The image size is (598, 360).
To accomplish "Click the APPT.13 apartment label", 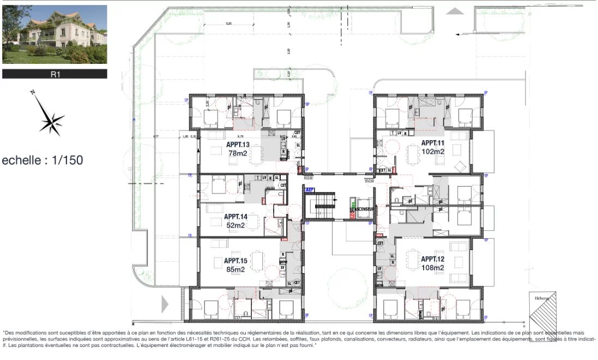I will coord(238,145).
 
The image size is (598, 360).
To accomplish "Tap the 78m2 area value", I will coord(238,153).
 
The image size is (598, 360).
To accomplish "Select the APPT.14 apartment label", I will coord(235,217).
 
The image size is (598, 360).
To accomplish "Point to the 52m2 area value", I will coord(235,225).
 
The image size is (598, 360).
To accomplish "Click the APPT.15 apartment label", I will coord(235,261).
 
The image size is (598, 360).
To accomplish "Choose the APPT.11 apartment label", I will coord(433,143).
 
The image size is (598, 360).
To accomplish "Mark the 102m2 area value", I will coord(433,151).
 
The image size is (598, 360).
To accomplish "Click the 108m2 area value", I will coord(433,267).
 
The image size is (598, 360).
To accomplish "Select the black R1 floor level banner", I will coord(55,74).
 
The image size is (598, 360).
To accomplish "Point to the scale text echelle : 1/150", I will coord(43,160).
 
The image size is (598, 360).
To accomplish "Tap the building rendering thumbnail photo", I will coord(55,34).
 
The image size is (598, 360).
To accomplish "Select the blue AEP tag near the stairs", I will coord(310,190).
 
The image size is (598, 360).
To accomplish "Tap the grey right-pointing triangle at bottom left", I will coord(165,304).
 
